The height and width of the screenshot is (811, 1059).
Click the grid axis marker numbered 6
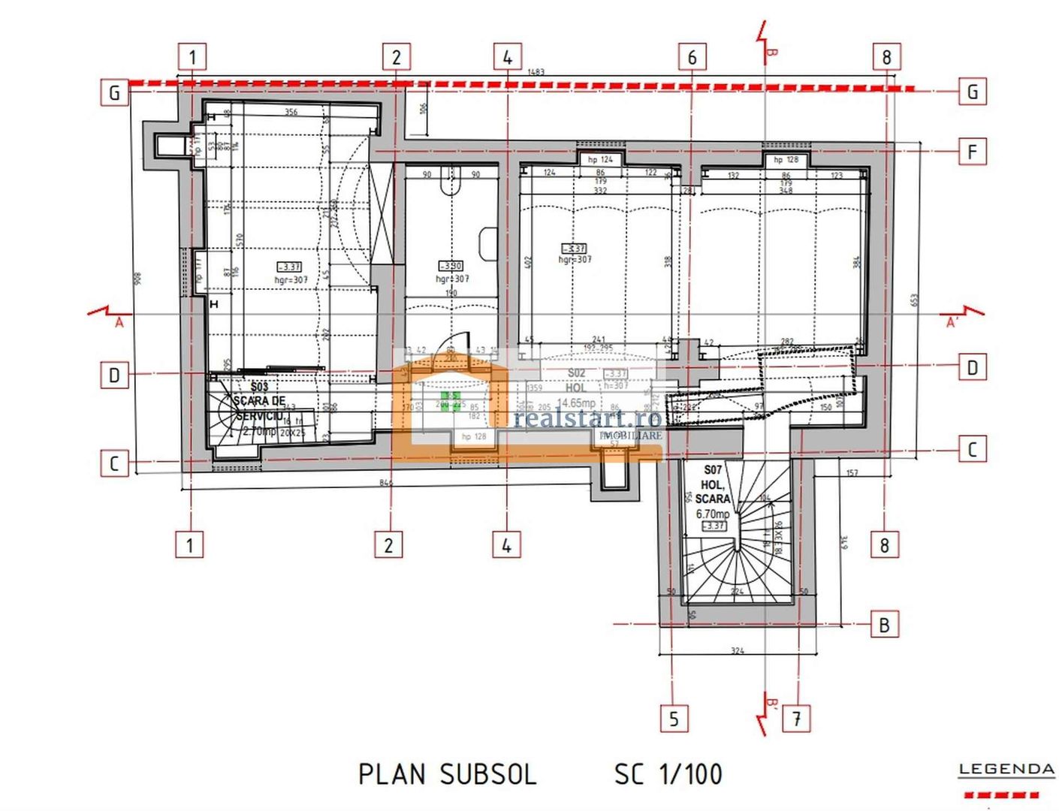tap(692, 57)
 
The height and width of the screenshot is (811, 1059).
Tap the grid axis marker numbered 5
tap(673, 719)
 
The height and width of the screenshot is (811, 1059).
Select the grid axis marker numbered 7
tap(797, 719)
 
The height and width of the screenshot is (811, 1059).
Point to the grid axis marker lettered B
tap(884, 625)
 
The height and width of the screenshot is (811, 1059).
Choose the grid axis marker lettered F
tap(973, 152)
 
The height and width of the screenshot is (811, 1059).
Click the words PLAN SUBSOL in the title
tap(447, 774)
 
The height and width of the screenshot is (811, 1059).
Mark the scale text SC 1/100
tap(668, 774)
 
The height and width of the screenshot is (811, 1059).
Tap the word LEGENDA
tap(1006, 770)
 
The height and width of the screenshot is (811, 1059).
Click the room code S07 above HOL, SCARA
tap(712, 470)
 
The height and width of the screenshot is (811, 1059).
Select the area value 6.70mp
tap(712, 514)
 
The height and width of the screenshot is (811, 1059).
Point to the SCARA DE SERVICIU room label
tap(259, 408)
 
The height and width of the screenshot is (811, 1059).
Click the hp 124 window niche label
tap(600, 159)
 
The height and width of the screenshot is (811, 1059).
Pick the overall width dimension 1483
tap(536, 72)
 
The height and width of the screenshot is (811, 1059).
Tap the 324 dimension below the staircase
tap(737, 650)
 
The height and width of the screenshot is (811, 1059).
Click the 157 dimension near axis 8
tap(852, 473)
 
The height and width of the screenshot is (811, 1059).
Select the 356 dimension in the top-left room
tap(291, 113)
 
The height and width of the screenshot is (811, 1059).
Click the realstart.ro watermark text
tap(587, 418)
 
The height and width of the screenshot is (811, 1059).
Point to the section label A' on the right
tap(952, 323)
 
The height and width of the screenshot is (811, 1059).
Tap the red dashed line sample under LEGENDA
tap(1001, 794)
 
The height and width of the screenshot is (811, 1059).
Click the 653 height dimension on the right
tap(914, 299)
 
